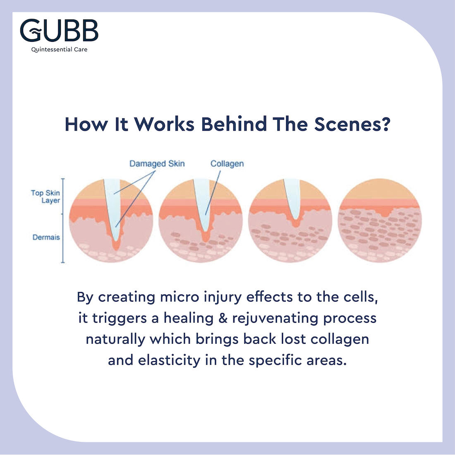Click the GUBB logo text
coord(59,31)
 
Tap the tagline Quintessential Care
coord(59,50)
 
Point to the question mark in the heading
coord(386,124)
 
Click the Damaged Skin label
coord(157,163)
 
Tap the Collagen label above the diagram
coord(227,163)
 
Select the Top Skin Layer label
coord(46,196)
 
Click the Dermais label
coord(46,237)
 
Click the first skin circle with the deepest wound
coord(111,220)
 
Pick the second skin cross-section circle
coord(201,220)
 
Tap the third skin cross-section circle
coord(290,220)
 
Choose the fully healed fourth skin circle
coord(380,220)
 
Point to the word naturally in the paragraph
coord(116,339)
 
